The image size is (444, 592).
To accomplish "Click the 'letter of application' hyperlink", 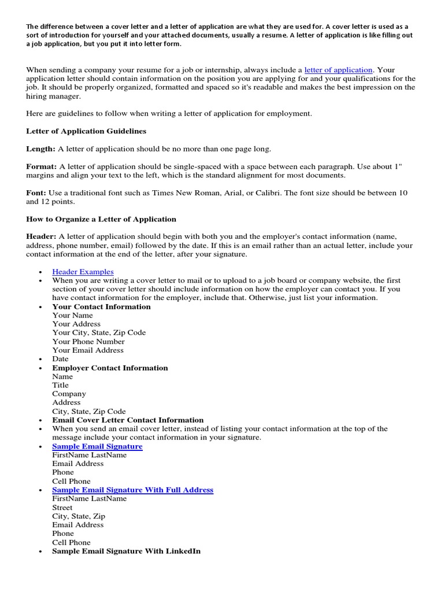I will tap(338, 70).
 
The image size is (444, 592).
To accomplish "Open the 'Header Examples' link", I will tap(83, 272).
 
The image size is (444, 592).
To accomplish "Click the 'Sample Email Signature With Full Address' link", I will tap(132, 490).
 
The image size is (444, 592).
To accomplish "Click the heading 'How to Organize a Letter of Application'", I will tap(101, 219).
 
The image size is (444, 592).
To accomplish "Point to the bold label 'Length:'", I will tap(40, 149).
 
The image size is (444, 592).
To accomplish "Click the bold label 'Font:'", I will tap(36, 193).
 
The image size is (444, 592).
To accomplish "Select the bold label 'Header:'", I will tap(41, 236).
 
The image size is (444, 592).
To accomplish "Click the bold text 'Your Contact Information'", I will tap(101, 306).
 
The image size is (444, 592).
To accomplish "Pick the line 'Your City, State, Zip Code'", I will tap(99, 332).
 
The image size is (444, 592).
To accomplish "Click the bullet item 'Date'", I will tap(60, 359).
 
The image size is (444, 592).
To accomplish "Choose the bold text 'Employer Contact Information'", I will tap(110, 368).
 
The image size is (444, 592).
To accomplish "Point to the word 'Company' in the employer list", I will tap(69, 394).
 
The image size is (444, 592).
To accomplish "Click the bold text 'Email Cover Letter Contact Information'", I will tap(128, 420).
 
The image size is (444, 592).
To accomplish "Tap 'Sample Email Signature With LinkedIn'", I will tap(126, 551).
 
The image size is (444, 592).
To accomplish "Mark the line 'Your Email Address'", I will tap(88, 350).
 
